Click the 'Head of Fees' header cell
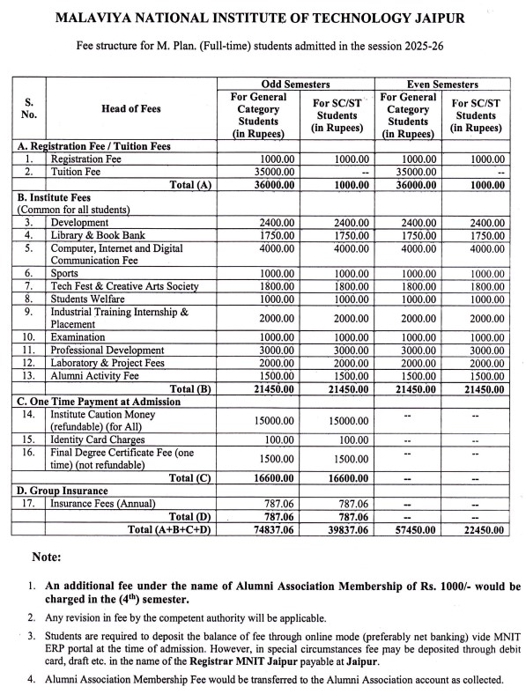tap(131, 108)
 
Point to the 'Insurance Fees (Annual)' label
tap(103, 503)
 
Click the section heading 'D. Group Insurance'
tap(63, 491)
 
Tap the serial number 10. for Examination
tap(28, 337)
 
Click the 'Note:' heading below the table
tap(46, 557)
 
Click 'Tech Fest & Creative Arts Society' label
tap(124, 286)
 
